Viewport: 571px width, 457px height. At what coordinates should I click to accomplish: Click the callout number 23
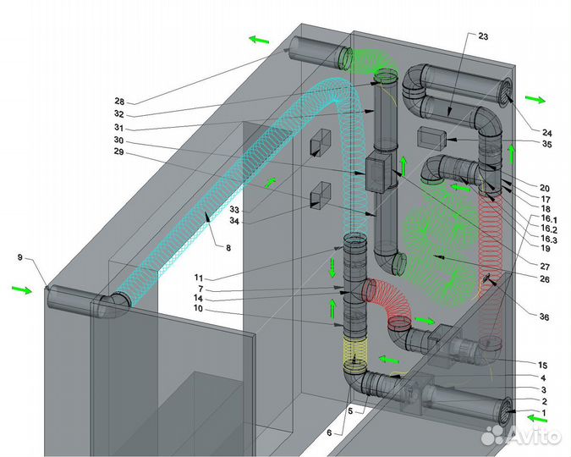[483, 36]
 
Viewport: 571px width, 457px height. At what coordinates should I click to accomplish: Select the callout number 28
[119, 102]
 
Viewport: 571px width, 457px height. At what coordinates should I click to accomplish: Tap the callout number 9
[20, 257]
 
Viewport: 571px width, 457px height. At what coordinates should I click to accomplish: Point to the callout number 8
[228, 248]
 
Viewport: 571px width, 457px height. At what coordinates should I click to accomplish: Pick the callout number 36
[544, 317]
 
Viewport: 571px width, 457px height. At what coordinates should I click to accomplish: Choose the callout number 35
[547, 144]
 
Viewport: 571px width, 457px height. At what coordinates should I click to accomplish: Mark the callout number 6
[329, 433]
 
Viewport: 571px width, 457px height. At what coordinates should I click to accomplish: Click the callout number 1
[544, 413]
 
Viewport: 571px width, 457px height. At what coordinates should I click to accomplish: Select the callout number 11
[199, 278]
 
